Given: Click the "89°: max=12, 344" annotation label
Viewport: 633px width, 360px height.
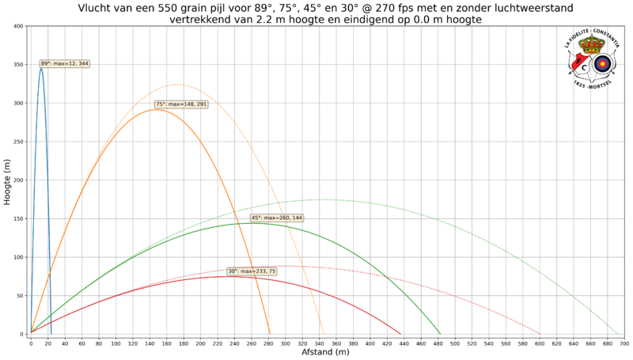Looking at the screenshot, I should pos(64,63).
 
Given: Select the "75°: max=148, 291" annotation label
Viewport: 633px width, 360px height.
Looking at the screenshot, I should pos(181,104).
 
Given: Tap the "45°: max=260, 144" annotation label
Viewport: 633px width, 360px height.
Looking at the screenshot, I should pos(277,218).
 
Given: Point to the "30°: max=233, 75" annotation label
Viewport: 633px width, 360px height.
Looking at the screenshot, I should pos(252,271).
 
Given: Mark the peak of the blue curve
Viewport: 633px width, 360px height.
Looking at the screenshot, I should pos(41,68).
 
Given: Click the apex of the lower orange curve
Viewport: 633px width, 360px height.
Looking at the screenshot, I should pos(157,109).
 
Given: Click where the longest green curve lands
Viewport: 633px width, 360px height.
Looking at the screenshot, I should pos(617,332).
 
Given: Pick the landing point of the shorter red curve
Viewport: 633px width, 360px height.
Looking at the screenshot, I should pos(401,332).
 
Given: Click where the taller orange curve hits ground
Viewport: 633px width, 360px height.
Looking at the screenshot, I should pos(324,332).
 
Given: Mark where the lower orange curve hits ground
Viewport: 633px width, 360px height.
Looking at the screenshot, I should pos(271,332).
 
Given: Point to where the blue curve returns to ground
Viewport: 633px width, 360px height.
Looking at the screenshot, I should pos(51,332).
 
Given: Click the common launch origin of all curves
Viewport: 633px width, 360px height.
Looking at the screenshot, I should pos(30,332).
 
